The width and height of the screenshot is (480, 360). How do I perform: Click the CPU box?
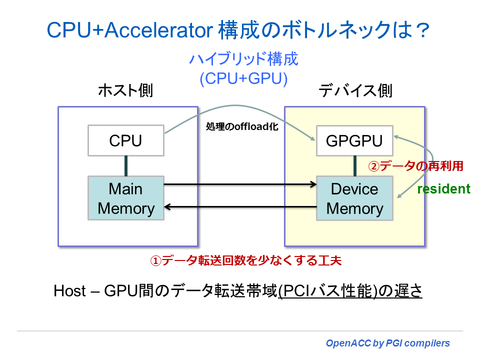[x=125, y=140]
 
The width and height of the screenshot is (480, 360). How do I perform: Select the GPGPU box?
[x=354, y=140]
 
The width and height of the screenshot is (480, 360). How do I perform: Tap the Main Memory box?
[x=125, y=198]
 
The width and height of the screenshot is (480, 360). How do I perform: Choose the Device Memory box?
[x=354, y=198]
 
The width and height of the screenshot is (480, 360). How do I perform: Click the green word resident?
[x=443, y=189]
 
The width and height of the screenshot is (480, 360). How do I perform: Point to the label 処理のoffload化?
[x=242, y=127]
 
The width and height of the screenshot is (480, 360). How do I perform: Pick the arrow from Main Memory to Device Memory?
[x=240, y=184]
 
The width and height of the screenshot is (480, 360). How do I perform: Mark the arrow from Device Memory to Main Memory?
[x=240, y=206]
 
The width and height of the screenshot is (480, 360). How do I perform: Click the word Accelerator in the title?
[x=160, y=31]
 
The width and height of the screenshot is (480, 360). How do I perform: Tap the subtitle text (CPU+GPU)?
[x=243, y=79]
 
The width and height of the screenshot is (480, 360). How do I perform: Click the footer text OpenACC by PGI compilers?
[x=387, y=343]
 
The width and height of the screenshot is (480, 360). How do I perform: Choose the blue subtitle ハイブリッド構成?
[x=243, y=59]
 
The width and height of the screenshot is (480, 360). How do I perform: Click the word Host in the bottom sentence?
[x=69, y=291]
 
